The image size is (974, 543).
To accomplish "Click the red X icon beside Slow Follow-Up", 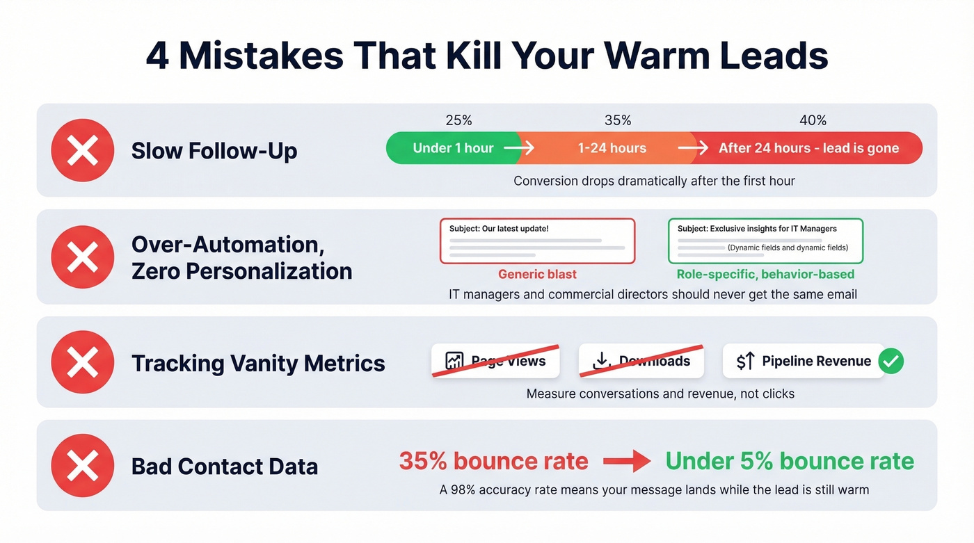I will [x=82, y=150].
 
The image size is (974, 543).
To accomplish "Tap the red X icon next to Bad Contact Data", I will [x=82, y=465].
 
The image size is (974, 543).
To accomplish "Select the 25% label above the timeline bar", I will [x=458, y=120].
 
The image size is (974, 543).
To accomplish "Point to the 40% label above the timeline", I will [x=813, y=120].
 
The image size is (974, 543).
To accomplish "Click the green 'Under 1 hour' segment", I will [x=453, y=148].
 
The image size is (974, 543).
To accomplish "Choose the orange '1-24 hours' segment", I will [x=612, y=148].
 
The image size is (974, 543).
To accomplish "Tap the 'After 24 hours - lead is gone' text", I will [x=808, y=148].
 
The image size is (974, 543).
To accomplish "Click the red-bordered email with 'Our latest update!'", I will [x=537, y=241].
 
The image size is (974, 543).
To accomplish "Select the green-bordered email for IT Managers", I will [x=765, y=241].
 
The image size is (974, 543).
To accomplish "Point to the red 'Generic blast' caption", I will [x=537, y=274].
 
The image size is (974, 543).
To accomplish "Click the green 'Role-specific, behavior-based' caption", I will [x=765, y=274].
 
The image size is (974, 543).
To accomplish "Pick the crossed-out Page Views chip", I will [x=495, y=361].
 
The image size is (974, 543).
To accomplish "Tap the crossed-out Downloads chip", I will [x=641, y=361].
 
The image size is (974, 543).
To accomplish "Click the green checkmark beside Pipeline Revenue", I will [x=891, y=361].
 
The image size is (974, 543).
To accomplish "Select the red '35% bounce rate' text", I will [x=493, y=461].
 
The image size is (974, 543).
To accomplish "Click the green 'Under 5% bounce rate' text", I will [x=790, y=461].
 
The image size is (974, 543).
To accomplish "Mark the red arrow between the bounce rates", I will [x=626, y=461].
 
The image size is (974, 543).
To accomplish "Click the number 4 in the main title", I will [x=157, y=56].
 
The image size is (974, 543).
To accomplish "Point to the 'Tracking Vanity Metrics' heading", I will [x=257, y=363].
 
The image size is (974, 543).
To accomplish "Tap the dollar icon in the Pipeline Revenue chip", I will [x=745, y=361].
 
